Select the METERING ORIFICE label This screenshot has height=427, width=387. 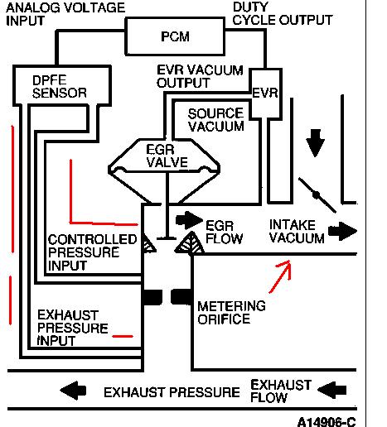click(231, 313)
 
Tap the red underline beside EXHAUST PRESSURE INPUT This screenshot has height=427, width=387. click(123, 336)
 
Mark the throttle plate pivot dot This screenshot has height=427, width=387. click(316, 196)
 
